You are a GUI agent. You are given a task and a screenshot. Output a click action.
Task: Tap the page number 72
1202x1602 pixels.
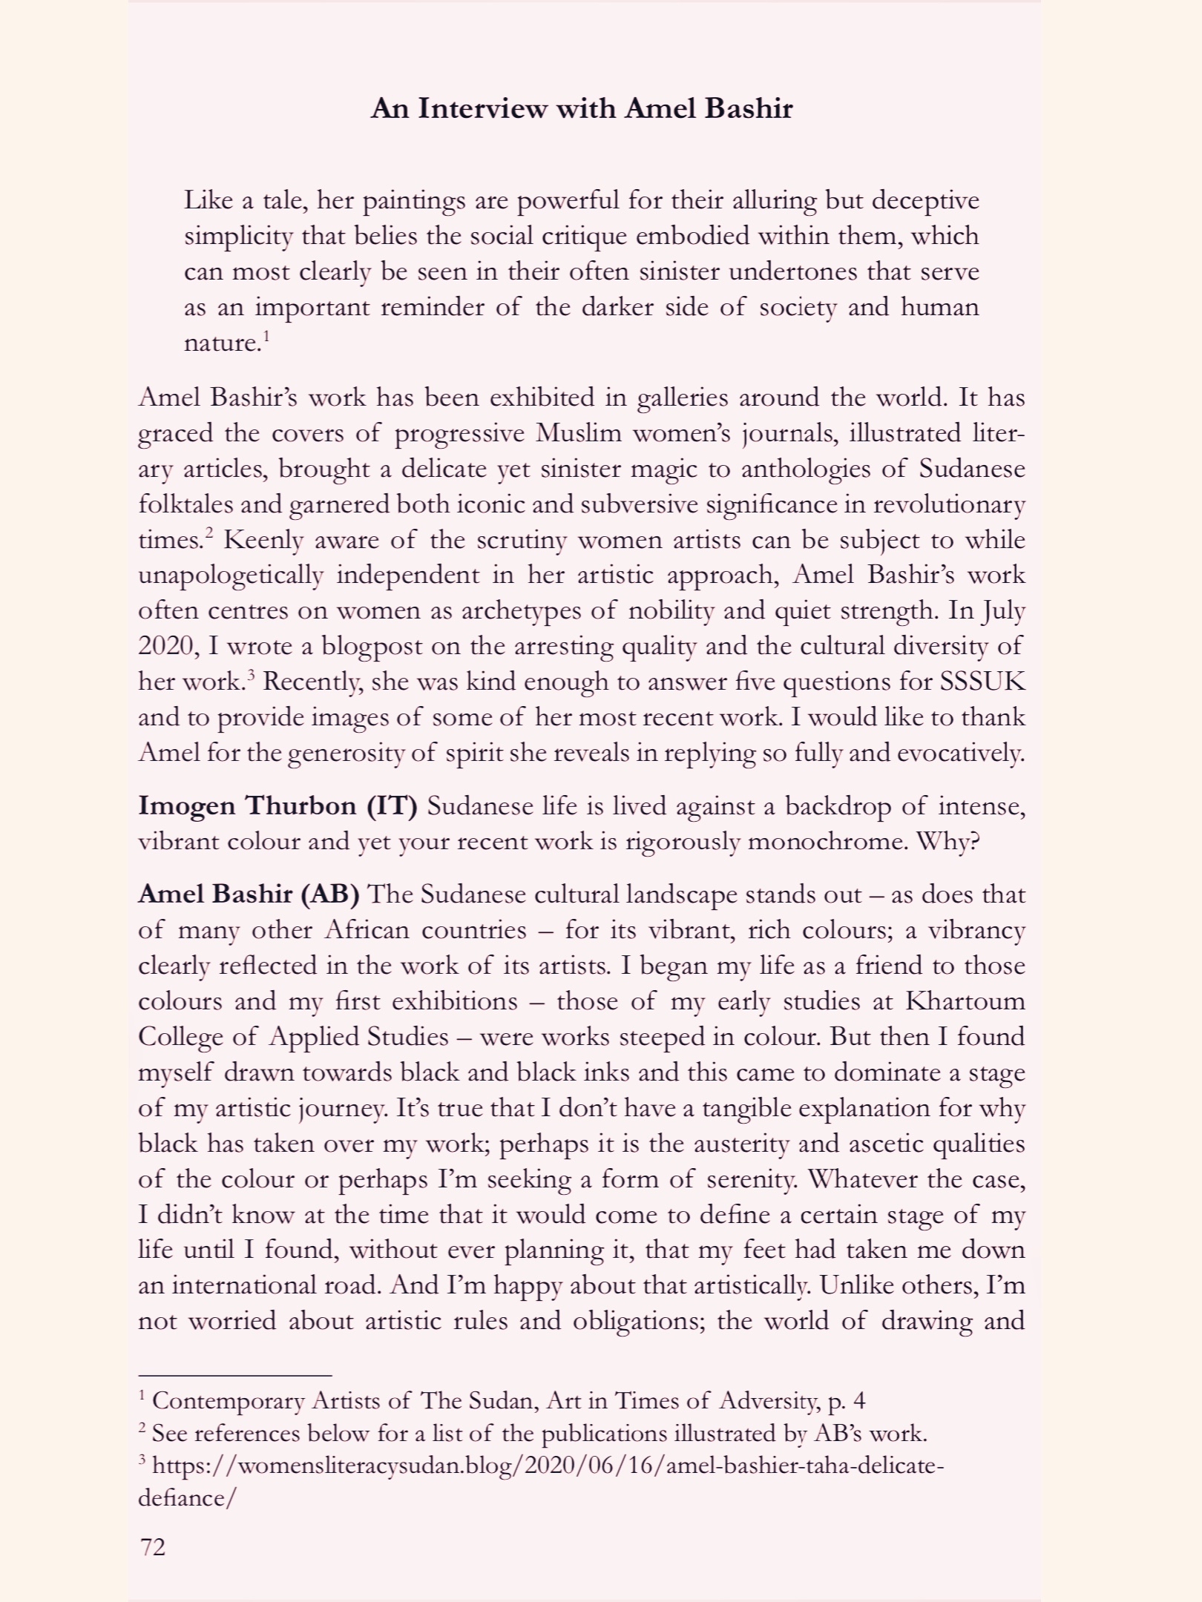(x=153, y=1546)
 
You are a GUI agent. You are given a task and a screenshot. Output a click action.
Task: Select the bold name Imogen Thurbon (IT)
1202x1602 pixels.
(x=278, y=806)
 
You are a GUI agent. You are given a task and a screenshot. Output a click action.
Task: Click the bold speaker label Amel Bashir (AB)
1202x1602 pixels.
(x=249, y=894)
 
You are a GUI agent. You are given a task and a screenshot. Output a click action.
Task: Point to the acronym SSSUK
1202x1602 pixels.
(x=982, y=682)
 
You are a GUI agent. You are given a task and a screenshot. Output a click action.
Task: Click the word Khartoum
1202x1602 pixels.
(x=965, y=1001)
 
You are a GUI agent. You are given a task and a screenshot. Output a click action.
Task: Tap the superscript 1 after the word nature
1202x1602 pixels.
(x=266, y=335)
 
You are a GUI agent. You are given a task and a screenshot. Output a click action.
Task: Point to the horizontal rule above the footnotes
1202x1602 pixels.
(x=234, y=1374)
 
